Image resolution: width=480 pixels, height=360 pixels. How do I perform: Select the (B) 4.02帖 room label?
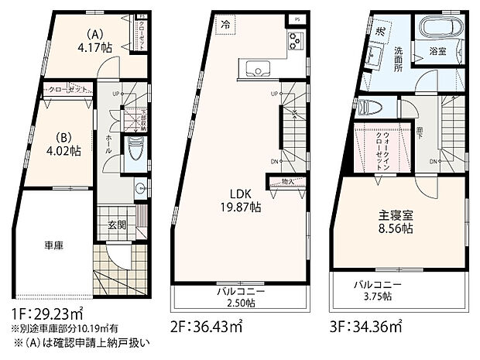click(60, 146)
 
